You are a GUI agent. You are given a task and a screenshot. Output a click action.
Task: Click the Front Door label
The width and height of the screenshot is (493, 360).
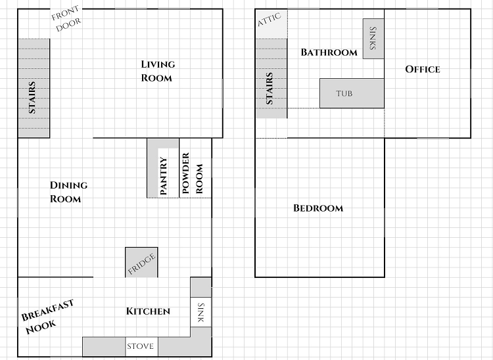(66, 19)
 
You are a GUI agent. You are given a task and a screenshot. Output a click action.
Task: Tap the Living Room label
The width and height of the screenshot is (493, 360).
(158, 71)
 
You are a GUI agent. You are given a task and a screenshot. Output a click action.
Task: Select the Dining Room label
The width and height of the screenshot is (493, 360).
(68, 192)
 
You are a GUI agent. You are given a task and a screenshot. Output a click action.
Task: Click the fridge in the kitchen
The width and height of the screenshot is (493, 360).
(141, 262)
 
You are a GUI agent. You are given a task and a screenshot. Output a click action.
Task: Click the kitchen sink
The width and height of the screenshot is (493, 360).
(200, 312)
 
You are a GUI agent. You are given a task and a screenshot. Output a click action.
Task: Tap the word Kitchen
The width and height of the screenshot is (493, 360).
(148, 311)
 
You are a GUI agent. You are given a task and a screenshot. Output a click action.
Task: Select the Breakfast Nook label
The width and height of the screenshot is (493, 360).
(47, 317)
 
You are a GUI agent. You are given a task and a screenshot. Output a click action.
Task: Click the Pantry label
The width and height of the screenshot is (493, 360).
(164, 176)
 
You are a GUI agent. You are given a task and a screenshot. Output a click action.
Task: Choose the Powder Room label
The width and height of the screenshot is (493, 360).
(192, 173)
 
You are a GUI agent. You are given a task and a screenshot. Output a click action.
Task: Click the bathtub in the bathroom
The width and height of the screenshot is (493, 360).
(352, 93)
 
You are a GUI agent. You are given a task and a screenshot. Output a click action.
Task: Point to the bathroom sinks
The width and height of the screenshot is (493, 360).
(373, 39)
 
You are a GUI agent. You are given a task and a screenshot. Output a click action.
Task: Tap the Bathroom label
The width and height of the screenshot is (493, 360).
(329, 52)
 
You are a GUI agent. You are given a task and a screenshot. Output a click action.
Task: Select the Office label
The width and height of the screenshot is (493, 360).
(423, 69)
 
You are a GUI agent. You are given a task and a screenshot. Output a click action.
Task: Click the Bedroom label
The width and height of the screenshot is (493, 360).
(318, 208)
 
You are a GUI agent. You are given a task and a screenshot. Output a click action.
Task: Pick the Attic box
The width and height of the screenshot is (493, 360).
(271, 24)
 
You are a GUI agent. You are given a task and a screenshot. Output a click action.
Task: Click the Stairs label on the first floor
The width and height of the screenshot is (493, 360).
(32, 97)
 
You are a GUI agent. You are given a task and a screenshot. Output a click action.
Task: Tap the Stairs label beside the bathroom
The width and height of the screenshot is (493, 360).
(270, 88)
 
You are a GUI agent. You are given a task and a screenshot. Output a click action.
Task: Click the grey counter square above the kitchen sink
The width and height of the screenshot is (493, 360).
(201, 287)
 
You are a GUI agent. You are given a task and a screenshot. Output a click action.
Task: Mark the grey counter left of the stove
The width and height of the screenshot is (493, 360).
(104, 347)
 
